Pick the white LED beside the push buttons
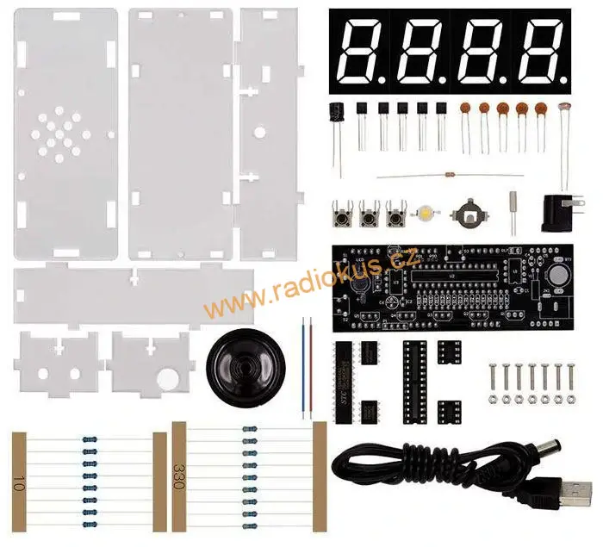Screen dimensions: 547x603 tap(427, 211)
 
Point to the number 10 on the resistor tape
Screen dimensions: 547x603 tap(19, 481)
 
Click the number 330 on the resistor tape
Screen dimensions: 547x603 tap(179, 474)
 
